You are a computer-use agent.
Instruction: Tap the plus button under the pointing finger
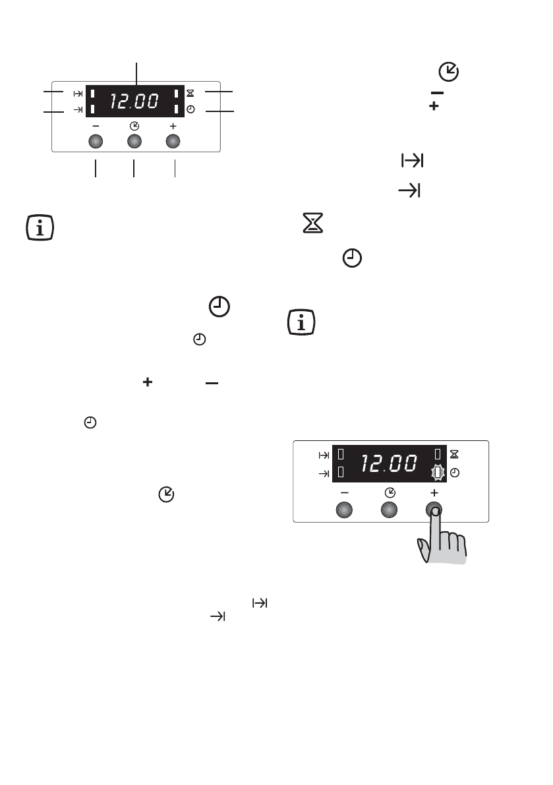point(434,509)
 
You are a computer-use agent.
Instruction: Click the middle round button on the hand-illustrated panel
point(389,509)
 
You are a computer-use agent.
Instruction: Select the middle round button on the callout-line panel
point(134,142)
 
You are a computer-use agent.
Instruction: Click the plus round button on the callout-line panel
point(173,142)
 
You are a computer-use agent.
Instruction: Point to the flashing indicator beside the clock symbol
point(435,473)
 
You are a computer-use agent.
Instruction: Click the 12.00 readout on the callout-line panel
point(134,102)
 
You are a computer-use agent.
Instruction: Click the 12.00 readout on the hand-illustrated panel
point(388,463)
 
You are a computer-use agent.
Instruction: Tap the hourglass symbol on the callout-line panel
point(190,94)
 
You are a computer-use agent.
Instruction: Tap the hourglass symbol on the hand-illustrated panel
point(453,454)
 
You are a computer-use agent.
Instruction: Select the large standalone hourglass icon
point(308,225)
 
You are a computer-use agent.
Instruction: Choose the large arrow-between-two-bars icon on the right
point(411,161)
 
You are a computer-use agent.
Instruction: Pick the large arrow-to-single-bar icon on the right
point(409,191)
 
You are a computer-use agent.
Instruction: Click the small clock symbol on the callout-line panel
point(190,109)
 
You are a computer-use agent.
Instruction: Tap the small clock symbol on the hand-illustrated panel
point(454,473)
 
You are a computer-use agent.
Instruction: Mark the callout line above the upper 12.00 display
point(137,73)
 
